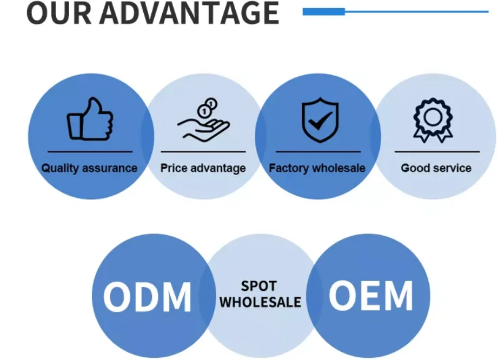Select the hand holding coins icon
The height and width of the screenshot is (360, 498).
(x=203, y=121)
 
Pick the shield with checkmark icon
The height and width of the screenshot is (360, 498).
(x=320, y=119)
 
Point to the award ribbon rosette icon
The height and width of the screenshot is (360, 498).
(x=433, y=119)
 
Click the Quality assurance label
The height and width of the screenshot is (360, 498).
(x=89, y=168)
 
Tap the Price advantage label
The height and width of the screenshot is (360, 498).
(x=203, y=168)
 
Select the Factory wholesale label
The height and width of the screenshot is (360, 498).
(x=317, y=168)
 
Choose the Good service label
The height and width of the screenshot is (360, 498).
(x=436, y=168)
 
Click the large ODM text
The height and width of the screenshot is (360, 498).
(x=147, y=297)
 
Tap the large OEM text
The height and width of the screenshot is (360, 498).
(x=370, y=296)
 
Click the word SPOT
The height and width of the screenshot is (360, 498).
(x=259, y=286)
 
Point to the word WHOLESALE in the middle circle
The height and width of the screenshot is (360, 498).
(x=260, y=302)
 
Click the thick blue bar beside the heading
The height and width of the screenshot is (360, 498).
(x=323, y=11)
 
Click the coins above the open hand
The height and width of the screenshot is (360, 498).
(x=208, y=106)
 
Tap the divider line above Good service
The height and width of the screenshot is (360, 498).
(x=437, y=152)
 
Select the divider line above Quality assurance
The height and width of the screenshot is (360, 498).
(x=90, y=152)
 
